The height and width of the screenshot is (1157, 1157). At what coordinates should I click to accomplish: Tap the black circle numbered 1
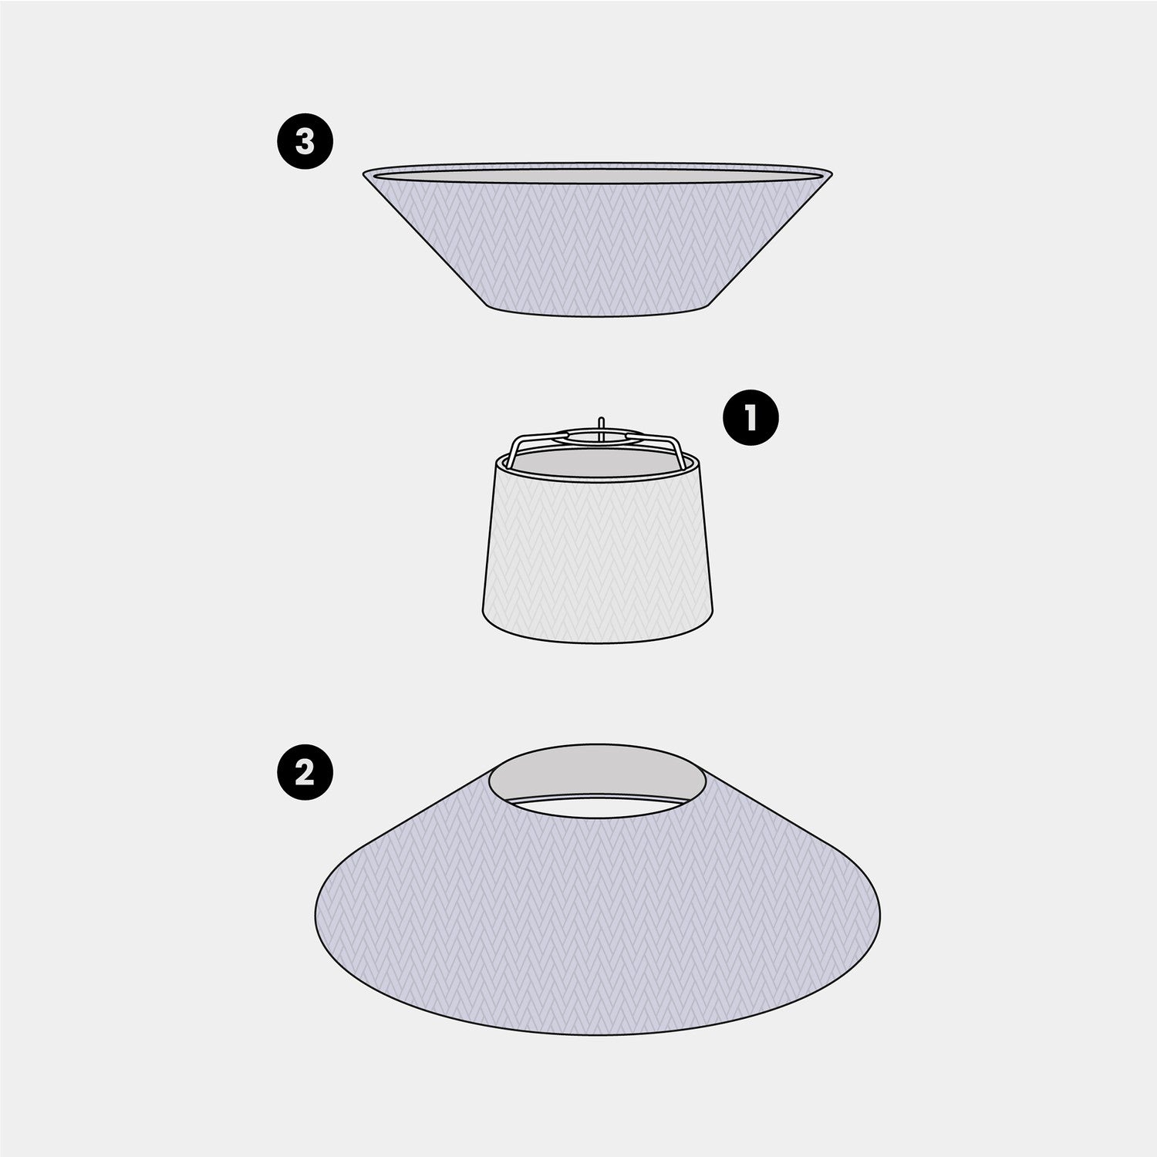(751, 419)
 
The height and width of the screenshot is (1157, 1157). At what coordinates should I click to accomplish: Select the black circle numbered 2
(305, 774)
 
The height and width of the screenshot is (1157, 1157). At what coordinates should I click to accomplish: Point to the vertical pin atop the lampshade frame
(599, 426)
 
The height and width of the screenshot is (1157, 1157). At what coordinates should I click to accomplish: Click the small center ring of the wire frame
(599, 437)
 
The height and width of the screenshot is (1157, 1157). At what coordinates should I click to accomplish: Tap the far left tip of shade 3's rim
(363, 173)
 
